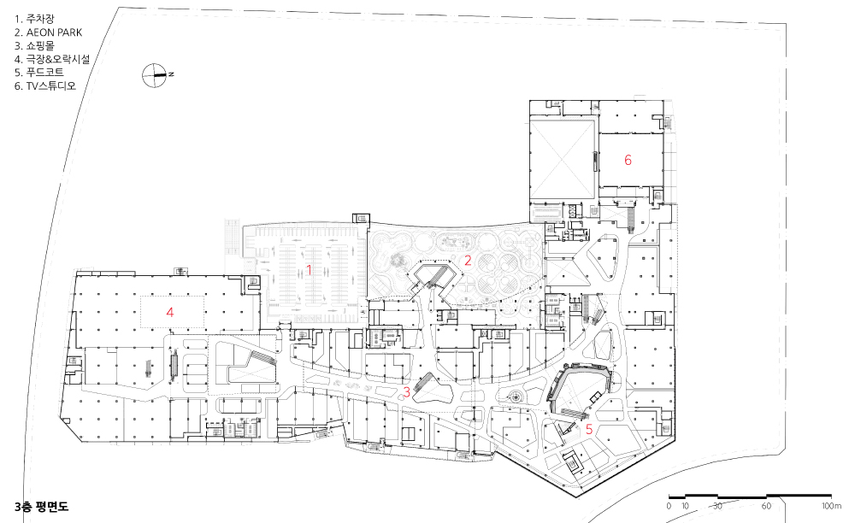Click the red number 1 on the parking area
pyautogui.click(x=310, y=270)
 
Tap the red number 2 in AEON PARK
pyautogui.click(x=468, y=261)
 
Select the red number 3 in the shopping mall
pyautogui.click(x=406, y=391)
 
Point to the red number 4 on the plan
pyautogui.click(x=170, y=312)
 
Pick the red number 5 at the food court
pyautogui.click(x=589, y=429)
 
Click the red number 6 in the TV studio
pyautogui.click(x=628, y=160)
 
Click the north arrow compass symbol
pyautogui.click(x=154, y=76)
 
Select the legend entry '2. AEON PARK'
pyautogui.click(x=49, y=32)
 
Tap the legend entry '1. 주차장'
pyautogui.click(x=34, y=19)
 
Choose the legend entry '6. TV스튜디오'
pyautogui.click(x=45, y=85)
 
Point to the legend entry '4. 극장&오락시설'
pyautogui.click(x=52, y=59)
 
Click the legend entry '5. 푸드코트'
pyautogui.click(x=39, y=72)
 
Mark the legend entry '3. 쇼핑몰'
pyautogui.click(x=34, y=46)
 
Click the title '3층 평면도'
pyautogui.click(x=41, y=507)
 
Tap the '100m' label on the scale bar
pyautogui.click(x=832, y=506)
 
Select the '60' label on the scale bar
pyautogui.click(x=766, y=506)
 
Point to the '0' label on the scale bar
pyautogui.click(x=669, y=506)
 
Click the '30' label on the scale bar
pyautogui.click(x=717, y=506)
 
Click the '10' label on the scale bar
pyautogui.click(x=685, y=506)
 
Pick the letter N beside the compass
pyautogui.click(x=171, y=74)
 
